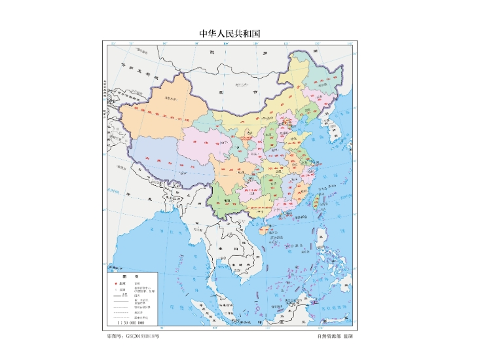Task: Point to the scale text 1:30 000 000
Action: click(130, 323)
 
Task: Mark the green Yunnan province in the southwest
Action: click(226, 196)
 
